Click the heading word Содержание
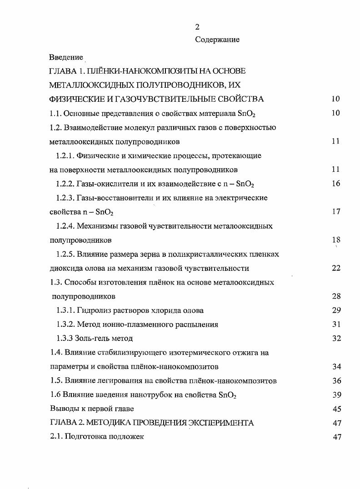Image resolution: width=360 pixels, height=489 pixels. point(217,40)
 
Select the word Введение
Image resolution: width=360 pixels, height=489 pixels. point(66,57)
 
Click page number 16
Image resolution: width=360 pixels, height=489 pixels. point(336,184)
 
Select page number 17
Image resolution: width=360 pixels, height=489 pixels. point(336,212)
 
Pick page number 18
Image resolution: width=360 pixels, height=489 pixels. point(336,240)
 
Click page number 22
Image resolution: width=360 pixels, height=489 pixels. point(336,268)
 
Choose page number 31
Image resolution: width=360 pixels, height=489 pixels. point(336,324)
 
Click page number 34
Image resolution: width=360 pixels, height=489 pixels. point(336,367)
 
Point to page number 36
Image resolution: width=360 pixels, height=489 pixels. point(336,381)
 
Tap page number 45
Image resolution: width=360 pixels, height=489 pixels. point(336,409)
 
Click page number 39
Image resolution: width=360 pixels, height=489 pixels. point(336,395)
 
